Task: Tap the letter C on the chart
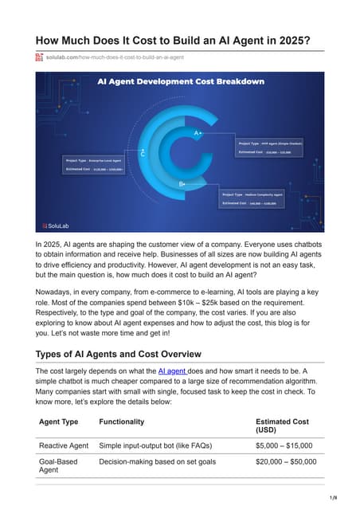click(x=143, y=152)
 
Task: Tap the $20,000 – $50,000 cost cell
click(x=286, y=461)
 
